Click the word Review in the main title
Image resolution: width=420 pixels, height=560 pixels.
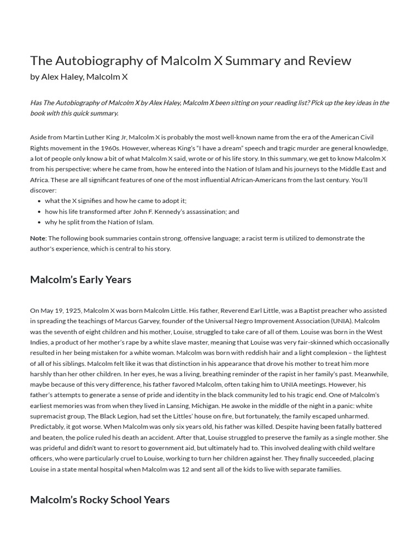click(330, 60)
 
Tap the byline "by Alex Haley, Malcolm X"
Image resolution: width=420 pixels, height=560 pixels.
click(79, 77)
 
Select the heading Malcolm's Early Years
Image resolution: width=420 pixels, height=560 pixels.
click(80, 279)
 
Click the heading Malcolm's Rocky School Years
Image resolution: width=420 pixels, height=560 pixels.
click(100, 499)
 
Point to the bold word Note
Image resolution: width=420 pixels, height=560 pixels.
click(38, 238)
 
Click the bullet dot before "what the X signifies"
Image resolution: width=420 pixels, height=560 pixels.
click(39, 201)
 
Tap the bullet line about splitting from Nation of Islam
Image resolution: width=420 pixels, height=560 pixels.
click(99, 222)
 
